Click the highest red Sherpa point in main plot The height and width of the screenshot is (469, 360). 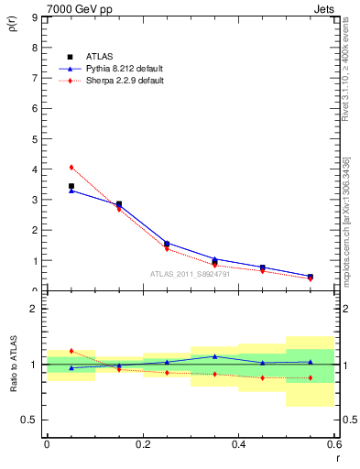click(x=71, y=167)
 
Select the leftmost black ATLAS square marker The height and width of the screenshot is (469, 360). click(x=71, y=186)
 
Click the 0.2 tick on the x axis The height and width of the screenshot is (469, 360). click(x=142, y=445)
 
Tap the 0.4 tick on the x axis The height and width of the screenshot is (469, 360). click(x=238, y=445)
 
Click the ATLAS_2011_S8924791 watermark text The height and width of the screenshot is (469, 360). click(x=190, y=273)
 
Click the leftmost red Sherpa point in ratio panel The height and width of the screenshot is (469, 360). click(x=71, y=351)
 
